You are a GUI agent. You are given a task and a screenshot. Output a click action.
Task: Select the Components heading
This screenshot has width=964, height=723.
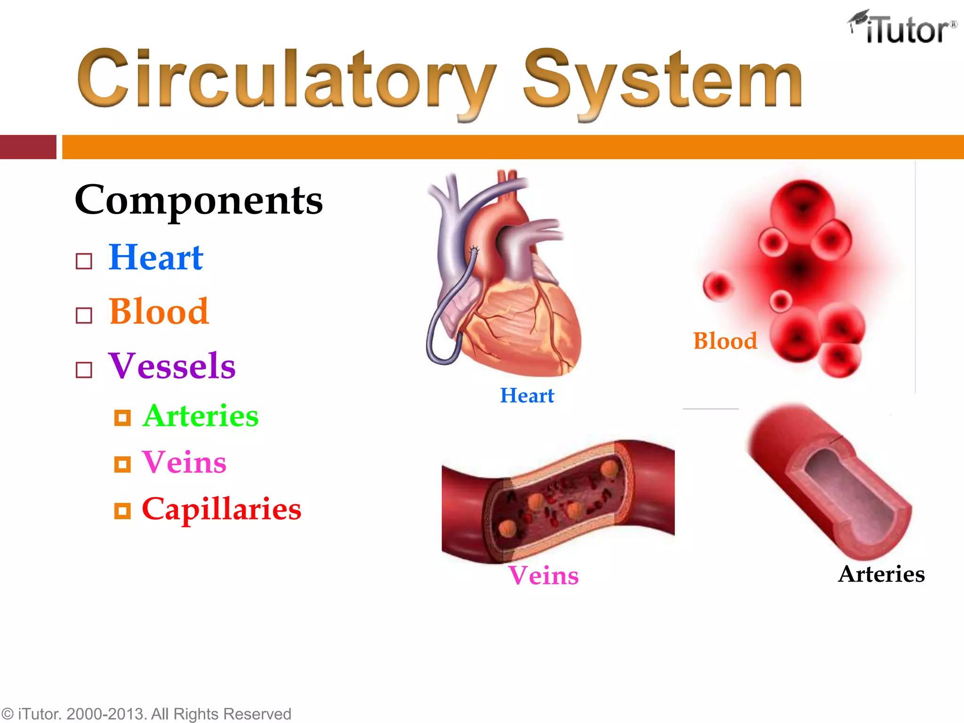(x=199, y=200)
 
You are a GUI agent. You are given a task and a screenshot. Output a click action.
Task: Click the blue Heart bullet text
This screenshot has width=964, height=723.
(x=156, y=257)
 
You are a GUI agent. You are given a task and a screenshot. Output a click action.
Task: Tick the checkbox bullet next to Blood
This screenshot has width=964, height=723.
(x=84, y=315)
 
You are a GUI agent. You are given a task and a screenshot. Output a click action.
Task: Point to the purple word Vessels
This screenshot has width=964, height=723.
(x=172, y=366)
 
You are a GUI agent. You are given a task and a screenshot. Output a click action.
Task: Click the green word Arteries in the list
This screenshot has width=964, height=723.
(x=201, y=416)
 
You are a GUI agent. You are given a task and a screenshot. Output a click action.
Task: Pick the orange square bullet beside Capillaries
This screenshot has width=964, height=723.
(x=122, y=511)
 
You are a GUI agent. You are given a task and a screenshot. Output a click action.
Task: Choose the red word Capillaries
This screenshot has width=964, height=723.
(x=221, y=509)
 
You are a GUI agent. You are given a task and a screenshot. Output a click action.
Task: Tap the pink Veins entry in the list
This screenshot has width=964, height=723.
(x=184, y=462)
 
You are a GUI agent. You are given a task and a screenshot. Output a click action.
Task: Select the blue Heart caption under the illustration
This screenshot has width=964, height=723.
(x=527, y=395)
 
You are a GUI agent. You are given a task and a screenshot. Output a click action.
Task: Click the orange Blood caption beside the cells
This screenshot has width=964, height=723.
(x=725, y=341)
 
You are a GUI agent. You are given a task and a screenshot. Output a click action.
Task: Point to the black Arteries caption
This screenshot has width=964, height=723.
(x=881, y=574)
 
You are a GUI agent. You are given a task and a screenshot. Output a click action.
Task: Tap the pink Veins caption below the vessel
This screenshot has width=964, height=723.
(x=543, y=575)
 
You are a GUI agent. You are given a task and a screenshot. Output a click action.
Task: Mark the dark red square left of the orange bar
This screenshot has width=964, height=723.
(x=28, y=147)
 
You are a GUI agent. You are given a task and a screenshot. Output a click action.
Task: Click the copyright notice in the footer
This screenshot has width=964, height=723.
(x=146, y=714)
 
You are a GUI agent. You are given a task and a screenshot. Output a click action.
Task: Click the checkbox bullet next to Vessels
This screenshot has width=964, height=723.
(x=84, y=370)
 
